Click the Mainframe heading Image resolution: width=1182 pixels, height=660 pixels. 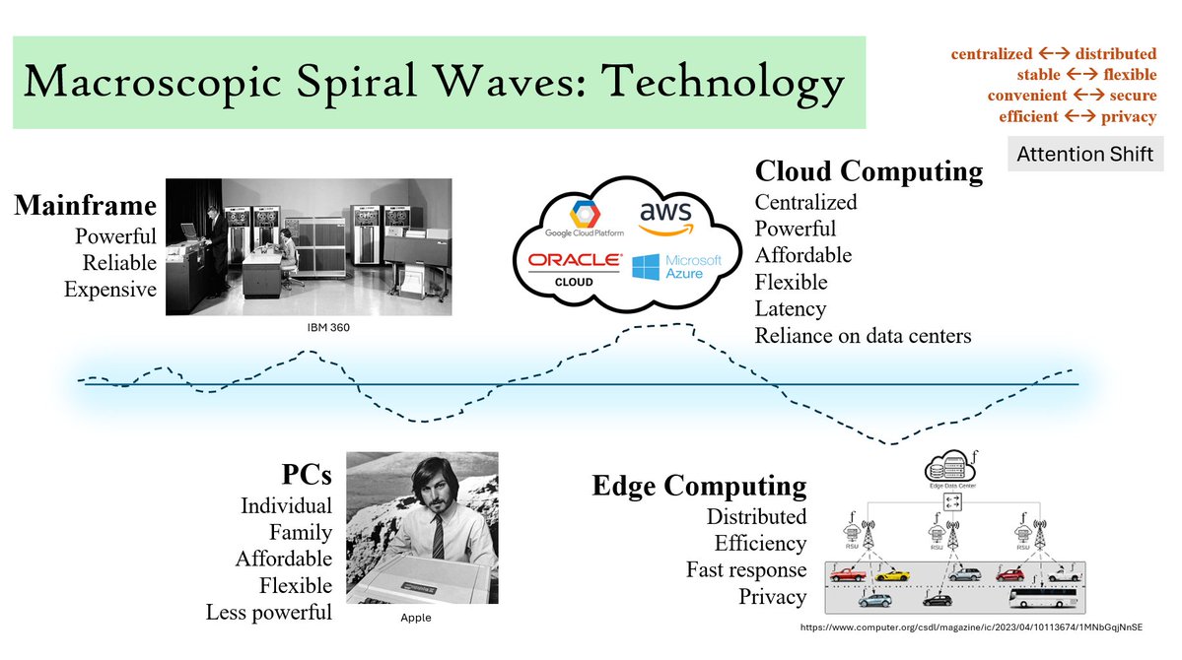[x=85, y=206]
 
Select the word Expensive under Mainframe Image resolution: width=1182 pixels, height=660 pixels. [x=110, y=289]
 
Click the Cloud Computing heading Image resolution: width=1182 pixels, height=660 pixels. [x=869, y=171]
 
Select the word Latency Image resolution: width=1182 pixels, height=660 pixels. [x=791, y=308]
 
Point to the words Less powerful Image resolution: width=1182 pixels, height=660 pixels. [x=269, y=612]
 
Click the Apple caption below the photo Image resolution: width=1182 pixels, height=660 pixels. [x=415, y=618]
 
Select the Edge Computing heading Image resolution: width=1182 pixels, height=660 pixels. [x=699, y=486]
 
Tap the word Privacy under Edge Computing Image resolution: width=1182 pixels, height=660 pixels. [x=773, y=596]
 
